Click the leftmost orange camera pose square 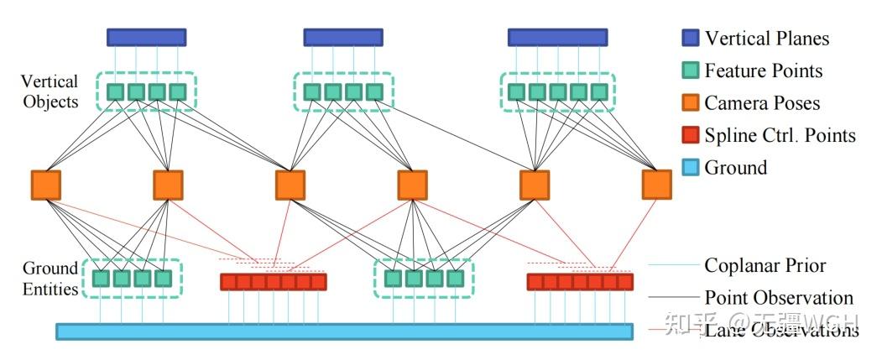45,185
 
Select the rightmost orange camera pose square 656,184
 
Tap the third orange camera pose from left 290,185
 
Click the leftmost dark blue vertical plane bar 146,38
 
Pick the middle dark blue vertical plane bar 342,38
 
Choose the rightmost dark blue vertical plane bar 557,38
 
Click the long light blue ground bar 344,331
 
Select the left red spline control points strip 273,282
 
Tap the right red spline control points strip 579,282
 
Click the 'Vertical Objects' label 50,91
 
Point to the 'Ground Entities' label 50,279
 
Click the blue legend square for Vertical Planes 691,39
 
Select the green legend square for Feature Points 691,71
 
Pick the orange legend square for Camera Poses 691,103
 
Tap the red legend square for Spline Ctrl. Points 691,135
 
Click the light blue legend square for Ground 691,168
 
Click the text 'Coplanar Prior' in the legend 765,265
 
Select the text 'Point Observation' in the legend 778,297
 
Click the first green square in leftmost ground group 102,278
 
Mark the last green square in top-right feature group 598,91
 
